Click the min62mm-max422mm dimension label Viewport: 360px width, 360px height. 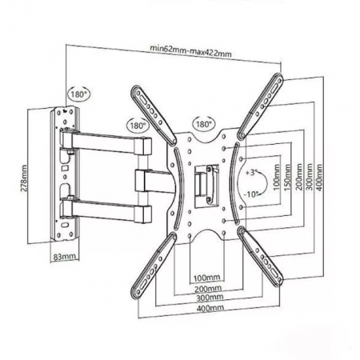coord(190,51)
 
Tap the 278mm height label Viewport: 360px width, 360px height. coord(24,178)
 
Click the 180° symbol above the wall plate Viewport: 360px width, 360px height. coord(79,94)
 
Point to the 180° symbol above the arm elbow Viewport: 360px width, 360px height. coord(138,125)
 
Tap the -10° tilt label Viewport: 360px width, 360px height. coord(251,194)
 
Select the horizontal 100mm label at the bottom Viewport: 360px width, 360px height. coord(206,278)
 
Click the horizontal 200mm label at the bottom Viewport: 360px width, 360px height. coord(208,289)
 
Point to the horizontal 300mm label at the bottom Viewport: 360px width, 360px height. coord(210,298)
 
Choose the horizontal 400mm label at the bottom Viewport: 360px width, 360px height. coord(210,308)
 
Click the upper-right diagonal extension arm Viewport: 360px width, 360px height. coord(260,106)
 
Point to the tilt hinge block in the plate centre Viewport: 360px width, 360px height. coord(207,183)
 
